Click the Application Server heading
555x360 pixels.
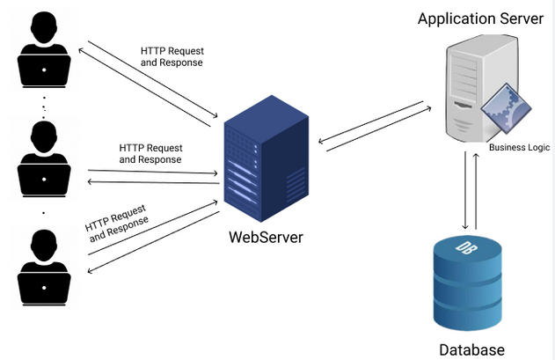pos(480,18)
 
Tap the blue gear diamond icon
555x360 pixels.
pos(508,107)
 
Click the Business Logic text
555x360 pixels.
pos(518,149)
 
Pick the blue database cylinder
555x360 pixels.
pos(469,282)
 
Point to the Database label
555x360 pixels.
pos(472,349)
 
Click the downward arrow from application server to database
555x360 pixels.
pos(464,189)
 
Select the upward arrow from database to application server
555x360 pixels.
pos(476,189)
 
